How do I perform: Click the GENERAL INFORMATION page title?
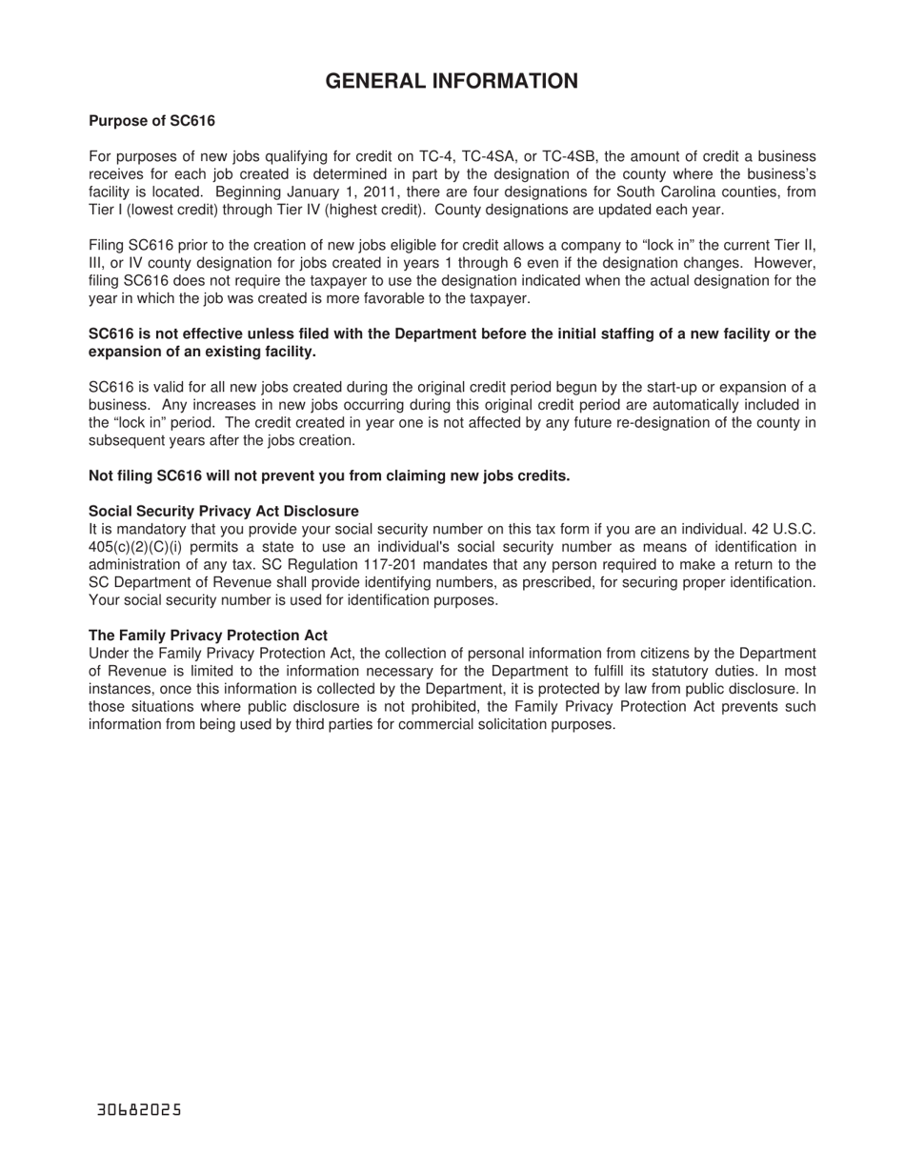tap(452, 82)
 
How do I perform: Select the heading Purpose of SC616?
tap(151, 121)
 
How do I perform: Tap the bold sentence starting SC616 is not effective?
tap(452, 343)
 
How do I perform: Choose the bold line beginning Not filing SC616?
tap(329, 475)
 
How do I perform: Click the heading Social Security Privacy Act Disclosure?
tap(224, 511)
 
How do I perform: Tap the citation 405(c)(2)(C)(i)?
tap(138, 546)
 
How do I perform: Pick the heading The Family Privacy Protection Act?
tap(208, 636)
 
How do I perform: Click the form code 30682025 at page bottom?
tap(139, 1110)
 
